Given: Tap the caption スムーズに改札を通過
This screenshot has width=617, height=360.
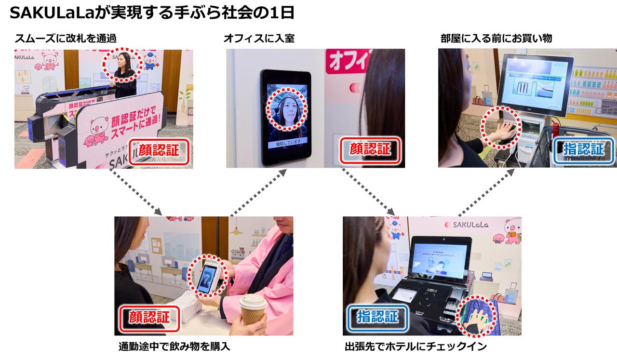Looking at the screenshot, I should pyautogui.click(x=66, y=39).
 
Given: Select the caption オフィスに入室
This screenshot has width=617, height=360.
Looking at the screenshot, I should pyautogui.click(x=258, y=39).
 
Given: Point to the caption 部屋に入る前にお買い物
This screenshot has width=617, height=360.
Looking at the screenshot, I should pyautogui.click(x=496, y=39).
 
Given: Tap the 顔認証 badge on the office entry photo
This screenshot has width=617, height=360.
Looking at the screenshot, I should pyautogui.click(x=370, y=150).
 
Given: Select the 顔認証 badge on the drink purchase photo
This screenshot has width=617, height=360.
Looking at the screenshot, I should pyautogui.click(x=149, y=317).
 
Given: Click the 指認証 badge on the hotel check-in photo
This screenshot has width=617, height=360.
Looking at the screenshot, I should pyautogui.click(x=378, y=317).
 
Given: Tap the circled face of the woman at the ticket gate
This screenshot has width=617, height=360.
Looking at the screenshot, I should pyautogui.click(x=122, y=63).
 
